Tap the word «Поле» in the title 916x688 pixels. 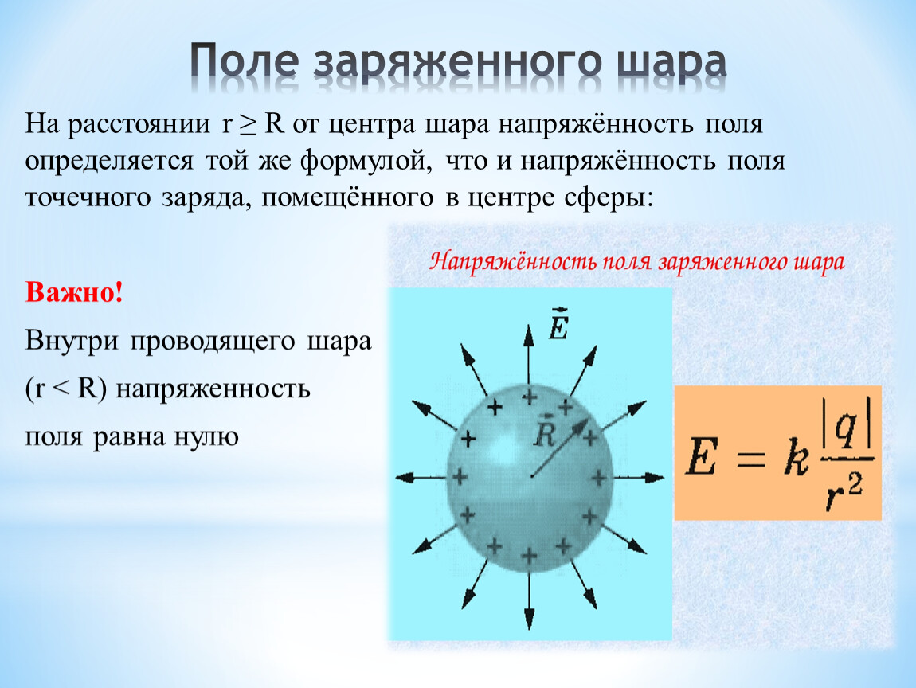pyautogui.click(x=245, y=61)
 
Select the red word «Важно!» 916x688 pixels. pyautogui.click(x=74, y=292)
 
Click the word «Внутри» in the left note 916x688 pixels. pyautogui.click(x=72, y=341)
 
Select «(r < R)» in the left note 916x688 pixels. pyautogui.click(x=66, y=389)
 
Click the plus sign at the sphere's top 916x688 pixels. pyautogui.click(x=529, y=397)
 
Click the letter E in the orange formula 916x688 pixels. pyautogui.click(x=701, y=457)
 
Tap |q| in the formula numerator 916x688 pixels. pyautogui.click(x=847, y=424)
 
